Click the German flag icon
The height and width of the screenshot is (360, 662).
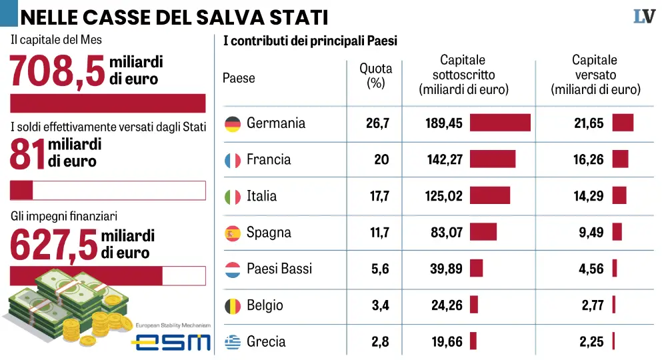pos(233,123)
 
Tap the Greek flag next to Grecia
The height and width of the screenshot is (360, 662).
pos(233,342)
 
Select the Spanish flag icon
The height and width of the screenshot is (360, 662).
pos(233,233)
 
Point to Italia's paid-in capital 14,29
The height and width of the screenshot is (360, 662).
pos(589,196)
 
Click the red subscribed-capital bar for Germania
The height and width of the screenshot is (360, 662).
pos(500,123)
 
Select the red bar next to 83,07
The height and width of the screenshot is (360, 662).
pos(483,232)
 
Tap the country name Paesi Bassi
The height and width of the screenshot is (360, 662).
pos(279,269)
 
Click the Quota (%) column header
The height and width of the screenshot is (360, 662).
pos(376,76)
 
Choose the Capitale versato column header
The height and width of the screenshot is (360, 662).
pos(595,75)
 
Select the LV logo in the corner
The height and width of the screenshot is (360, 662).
pos(644,16)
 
